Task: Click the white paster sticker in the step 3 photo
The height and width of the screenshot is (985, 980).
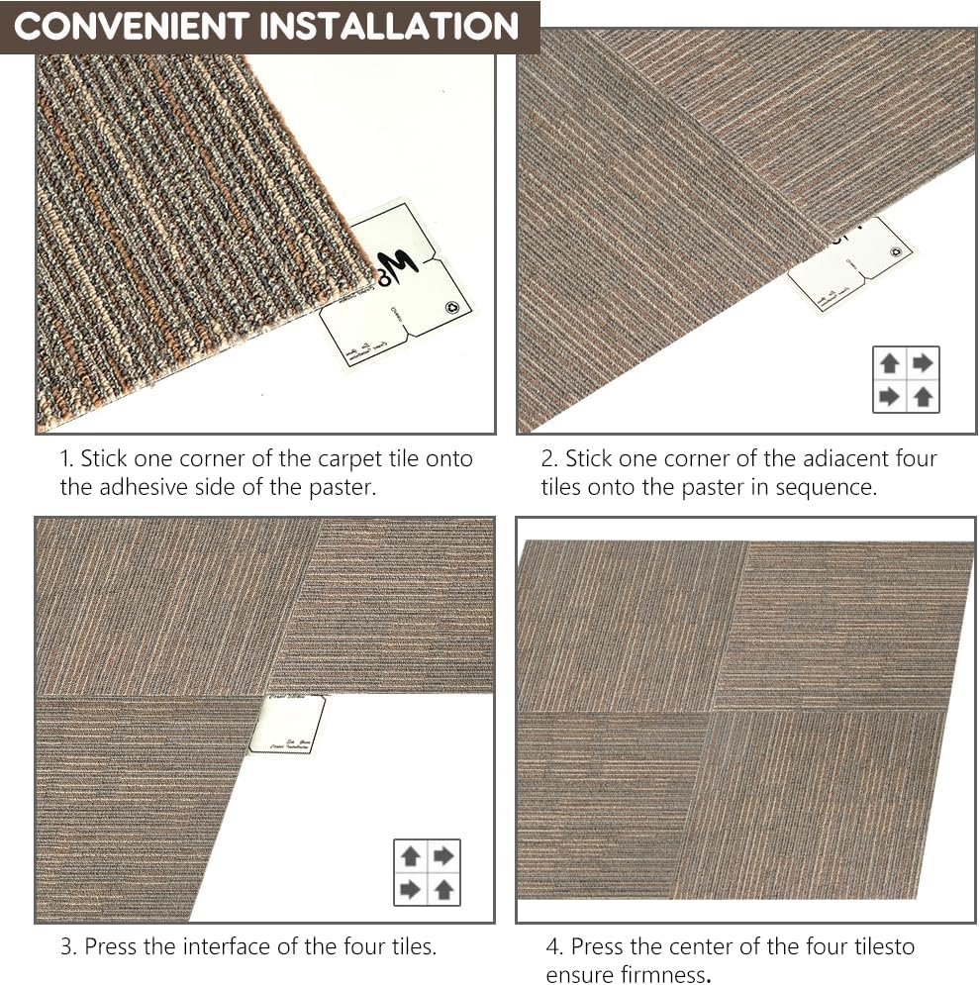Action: [288, 725]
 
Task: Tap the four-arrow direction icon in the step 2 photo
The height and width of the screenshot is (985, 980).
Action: [906, 379]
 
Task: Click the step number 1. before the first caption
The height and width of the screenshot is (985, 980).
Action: [66, 459]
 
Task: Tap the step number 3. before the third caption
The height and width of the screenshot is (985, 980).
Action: [68, 946]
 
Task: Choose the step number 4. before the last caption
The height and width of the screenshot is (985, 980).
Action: [554, 946]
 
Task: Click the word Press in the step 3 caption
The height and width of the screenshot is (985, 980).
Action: [111, 946]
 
